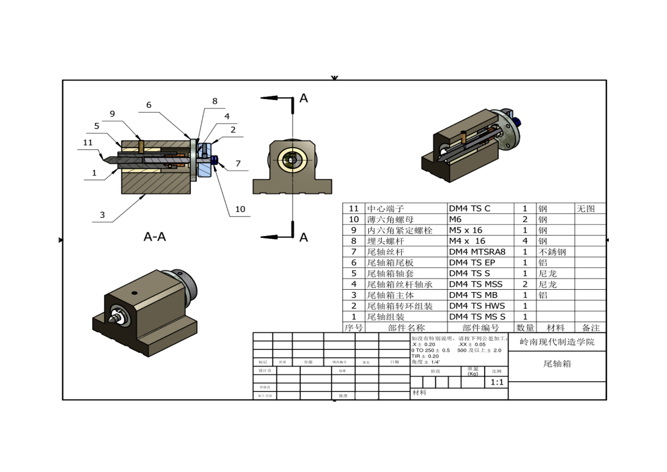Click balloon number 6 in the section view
tap(149, 105)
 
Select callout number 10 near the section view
tap(240, 209)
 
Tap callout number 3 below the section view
tap(102, 215)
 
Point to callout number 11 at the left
tap(88, 142)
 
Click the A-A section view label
tap(155, 237)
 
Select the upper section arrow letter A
tap(303, 98)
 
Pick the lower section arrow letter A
tap(303, 238)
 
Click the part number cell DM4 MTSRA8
tap(477, 252)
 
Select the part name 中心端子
tap(385, 209)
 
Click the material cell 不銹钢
tap(552, 252)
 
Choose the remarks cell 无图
tap(586, 209)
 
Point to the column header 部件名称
tap(406, 328)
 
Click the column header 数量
tap(525, 328)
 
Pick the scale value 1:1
tap(497, 382)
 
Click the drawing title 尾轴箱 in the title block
tap(557, 364)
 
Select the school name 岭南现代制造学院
tap(557, 342)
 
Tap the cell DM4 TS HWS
tap(477, 306)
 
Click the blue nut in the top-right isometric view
tap(517, 121)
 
